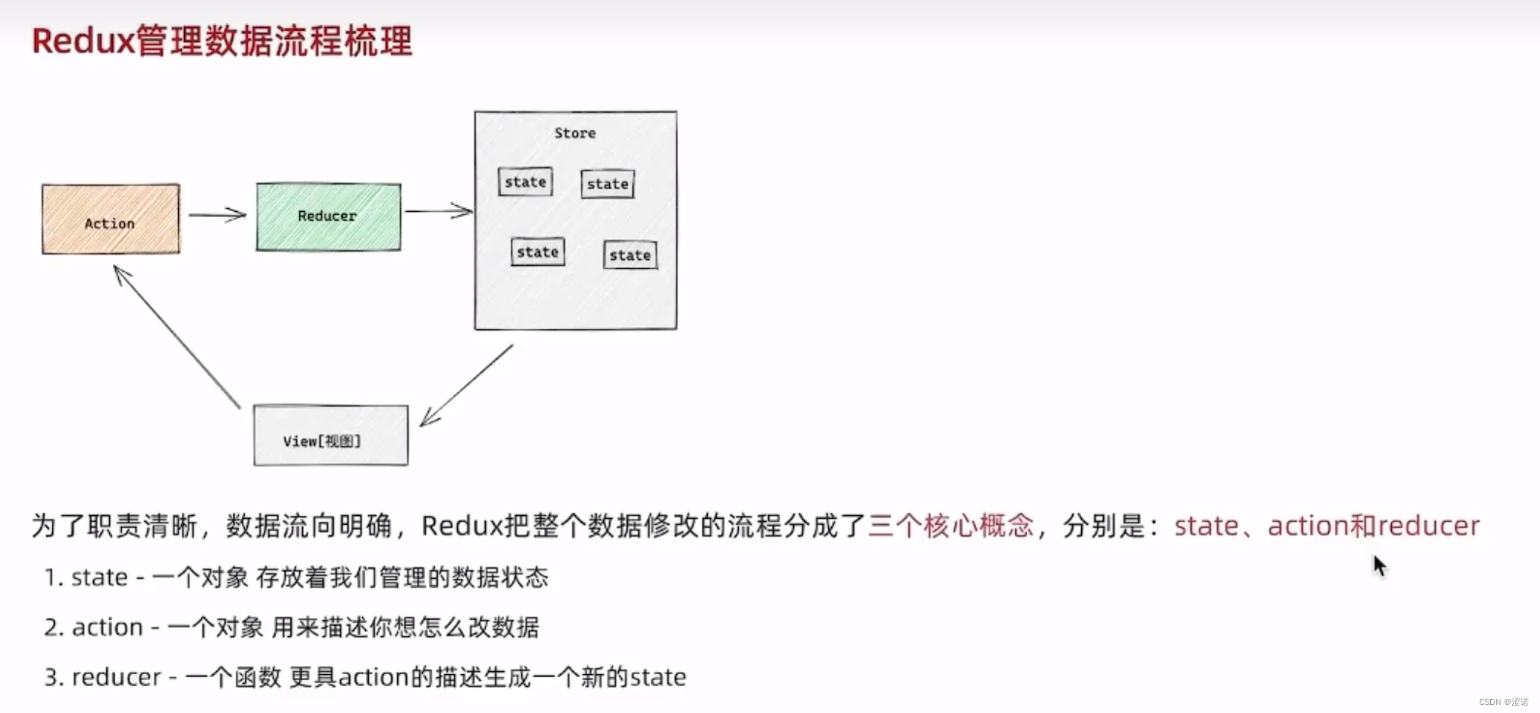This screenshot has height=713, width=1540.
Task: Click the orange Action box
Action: pos(111,219)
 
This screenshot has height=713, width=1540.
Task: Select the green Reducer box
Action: pos(328,217)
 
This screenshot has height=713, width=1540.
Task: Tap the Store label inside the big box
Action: pos(575,133)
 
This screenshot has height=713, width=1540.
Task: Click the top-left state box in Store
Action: pos(525,182)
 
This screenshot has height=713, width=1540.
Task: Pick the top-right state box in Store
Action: pos(608,184)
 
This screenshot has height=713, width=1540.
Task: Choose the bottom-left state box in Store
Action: pos(537,252)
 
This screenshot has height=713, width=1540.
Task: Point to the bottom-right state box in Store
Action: pos(630,255)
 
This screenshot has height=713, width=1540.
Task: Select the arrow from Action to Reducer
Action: pos(217,215)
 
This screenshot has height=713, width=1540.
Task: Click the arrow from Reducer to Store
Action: pos(438,211)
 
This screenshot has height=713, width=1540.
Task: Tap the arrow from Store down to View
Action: pos(466,385)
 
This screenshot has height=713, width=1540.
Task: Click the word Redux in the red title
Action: pos(83,41)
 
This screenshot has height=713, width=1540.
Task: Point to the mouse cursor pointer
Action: pos(1379,566)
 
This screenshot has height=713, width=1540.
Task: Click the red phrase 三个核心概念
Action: pos(951,525)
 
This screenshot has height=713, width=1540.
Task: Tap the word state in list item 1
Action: pos(100,577)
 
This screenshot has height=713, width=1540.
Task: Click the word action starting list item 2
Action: pos(107,627)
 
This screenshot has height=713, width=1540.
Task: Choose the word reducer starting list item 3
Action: pos(117,677)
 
